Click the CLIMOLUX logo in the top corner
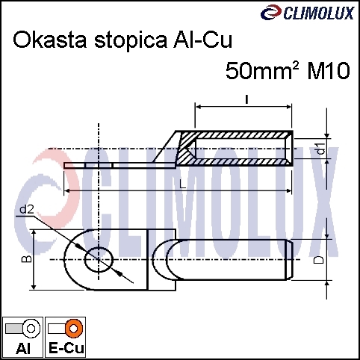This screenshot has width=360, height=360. [x=308, y=13]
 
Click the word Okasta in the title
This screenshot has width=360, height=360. [x=50, y=40]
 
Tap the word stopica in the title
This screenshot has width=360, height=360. [x=131, y=41]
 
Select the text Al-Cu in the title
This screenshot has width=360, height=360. [x=202, y=40]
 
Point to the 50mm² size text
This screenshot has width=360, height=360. [x=262, y=70]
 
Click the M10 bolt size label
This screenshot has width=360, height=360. [x=329, y=71]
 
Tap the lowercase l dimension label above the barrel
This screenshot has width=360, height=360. [x=246, y=99]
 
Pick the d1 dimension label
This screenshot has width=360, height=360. [x=322, y=149]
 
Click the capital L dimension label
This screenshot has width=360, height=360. [x=183, y=184]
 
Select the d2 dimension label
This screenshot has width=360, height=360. [x=27, y=210]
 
